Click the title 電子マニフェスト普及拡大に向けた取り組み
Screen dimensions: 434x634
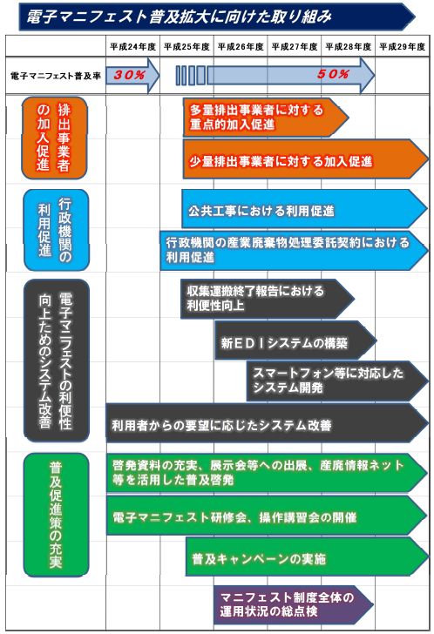pyautogui.click(x=179, y=17)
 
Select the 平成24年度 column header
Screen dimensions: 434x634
pyautogui.click(x=133, y=47)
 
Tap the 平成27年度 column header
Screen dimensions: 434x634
pyautogui.click(x=295, y=47)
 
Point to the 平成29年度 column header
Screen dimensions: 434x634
pyautogui.click(x=403, y=47)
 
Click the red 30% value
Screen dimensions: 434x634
pyautogui.click(x=130, y=75)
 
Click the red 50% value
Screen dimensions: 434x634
pyautogui.click(x=333, y=74)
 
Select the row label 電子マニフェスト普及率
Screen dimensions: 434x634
pyautogui.click(x=56, y=76)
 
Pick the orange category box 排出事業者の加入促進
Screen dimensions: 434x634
pyautogui.click(x=54, y=138)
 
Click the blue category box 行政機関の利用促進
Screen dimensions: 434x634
pyautogui.click(x=57, y=230)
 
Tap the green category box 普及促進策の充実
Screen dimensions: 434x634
pyautogui.click(x=57, y=515)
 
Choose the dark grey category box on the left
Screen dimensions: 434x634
pyautogui.click(x=57, y=361)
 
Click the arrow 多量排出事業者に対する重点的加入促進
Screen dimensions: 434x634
pyautogui.click(x=266, y=117)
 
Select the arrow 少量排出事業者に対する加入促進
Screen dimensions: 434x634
pyautogui.click(x=306, y=158)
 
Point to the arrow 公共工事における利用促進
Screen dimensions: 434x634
pyautogui.click(x=305, y=209)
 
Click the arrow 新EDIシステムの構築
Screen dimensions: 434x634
pyautogui.click(x=295, y=341)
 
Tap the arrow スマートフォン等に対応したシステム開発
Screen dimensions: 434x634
pyautogui.click(x=338, y=381)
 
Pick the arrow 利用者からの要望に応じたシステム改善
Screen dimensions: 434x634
pyautogui.click(x=268, y=423)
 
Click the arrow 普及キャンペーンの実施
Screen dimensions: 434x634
pyautogui.click(x=307, y=556)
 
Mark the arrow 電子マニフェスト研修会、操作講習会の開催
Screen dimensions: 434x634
pyautogui.click(x=267, y=516)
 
